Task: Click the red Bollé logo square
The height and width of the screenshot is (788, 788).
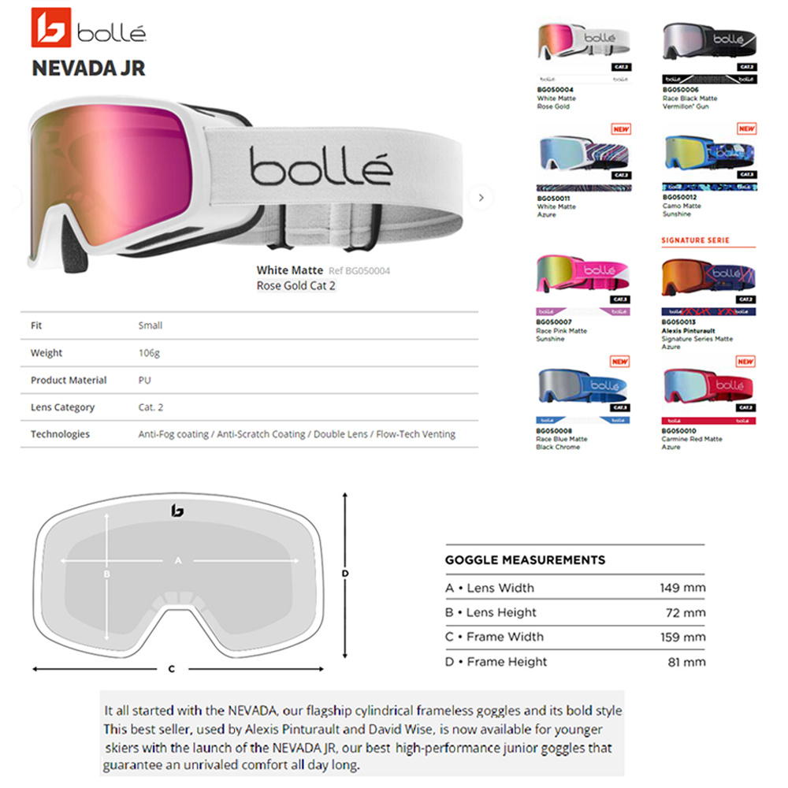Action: pos(51,28)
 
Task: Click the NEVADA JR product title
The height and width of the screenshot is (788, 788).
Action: pos(88,68)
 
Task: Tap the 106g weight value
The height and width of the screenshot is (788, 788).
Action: pos(149,353)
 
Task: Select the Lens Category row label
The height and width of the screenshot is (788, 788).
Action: pos(62,407)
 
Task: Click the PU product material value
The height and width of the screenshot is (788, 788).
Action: pos(144,380)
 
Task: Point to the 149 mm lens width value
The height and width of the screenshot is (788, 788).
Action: pos(682,588)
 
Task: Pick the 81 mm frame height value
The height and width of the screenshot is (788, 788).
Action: pos(686,662)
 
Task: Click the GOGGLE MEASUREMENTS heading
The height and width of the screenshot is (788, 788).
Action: pos(525,560)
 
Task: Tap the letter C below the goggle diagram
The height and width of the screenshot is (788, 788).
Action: pos(172,670)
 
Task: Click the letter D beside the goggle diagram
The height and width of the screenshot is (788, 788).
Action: pos(345,574)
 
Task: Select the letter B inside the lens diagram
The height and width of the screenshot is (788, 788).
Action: pos(106,574)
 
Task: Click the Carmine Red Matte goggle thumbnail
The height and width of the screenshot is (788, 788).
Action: pos(708,386)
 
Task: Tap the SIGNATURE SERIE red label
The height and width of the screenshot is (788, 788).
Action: pos(695,240)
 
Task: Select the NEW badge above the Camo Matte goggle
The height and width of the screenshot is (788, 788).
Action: pos(745,128)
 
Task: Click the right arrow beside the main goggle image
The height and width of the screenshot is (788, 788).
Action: pos(481,198)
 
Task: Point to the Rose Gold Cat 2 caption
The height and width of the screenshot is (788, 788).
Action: pos(296,286)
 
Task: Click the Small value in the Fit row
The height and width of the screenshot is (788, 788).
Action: pos(151,325)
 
